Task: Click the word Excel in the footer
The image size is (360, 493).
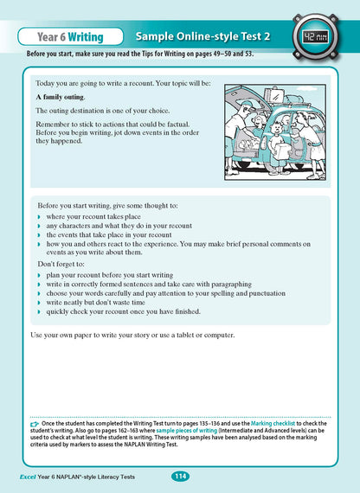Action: coord(34,477)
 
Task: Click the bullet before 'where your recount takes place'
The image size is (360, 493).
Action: coord(40,216)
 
